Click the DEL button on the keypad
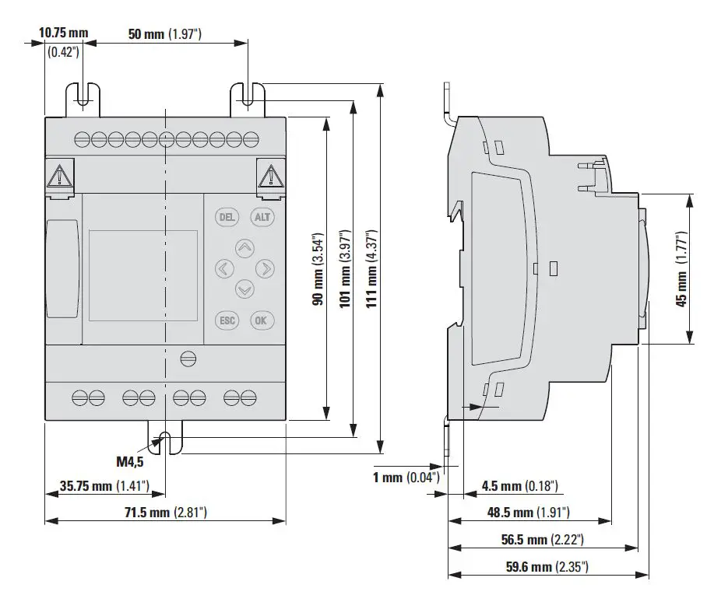(x=227, y=217)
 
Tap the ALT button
(x=262, y=217)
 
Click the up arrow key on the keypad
(x=244, y=249)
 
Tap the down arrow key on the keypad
(x=244, y=289)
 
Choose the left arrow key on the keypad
(x=224, y=269)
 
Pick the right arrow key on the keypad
(x=266, y=269)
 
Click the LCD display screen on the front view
(x=143, y=276)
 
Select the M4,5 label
(x=130, y=461)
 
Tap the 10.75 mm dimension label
(x=64, y=34)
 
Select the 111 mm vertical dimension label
(x=371, y=268)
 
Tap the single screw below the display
(x=187, y=359)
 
